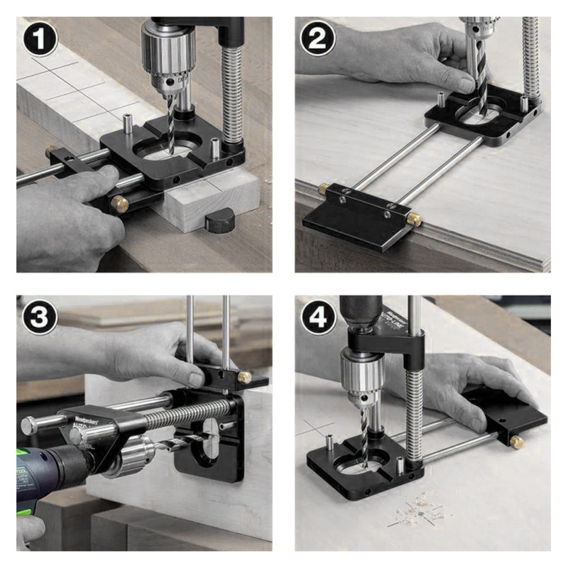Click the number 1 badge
(x=40, y=39)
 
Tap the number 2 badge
(x=317, y=39)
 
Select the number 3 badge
(x=40, y=318)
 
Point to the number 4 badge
(x=317, y=318)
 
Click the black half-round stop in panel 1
(x=221, y=222)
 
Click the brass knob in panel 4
(x=516, y=442)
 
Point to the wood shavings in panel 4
(x=419, y=510)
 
